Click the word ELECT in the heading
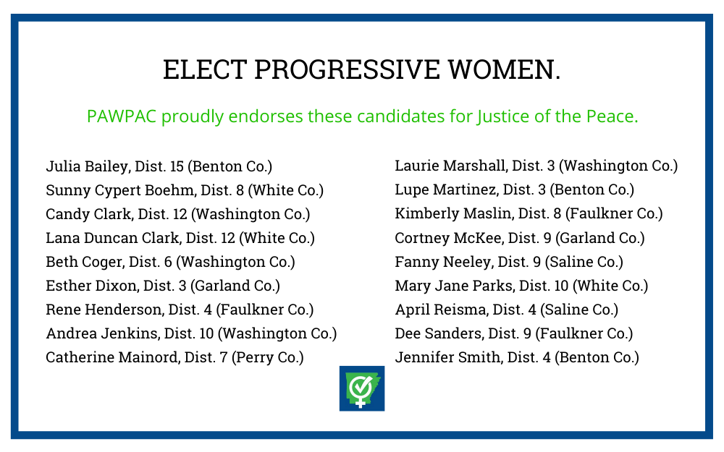tap(205, 69)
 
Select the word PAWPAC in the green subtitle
tap(122, 116)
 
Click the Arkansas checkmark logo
tap(362, 388)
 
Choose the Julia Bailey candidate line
tap(159, 166)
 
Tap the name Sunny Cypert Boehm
tap(120, 190)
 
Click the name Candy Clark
tap(88, 215)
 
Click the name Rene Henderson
tap(104, 310)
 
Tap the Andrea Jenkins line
tap(191, 333)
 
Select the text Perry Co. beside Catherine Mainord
tap(267, 358)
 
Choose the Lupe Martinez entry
tap(514, 190)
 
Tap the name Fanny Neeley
tap(443, 262)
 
